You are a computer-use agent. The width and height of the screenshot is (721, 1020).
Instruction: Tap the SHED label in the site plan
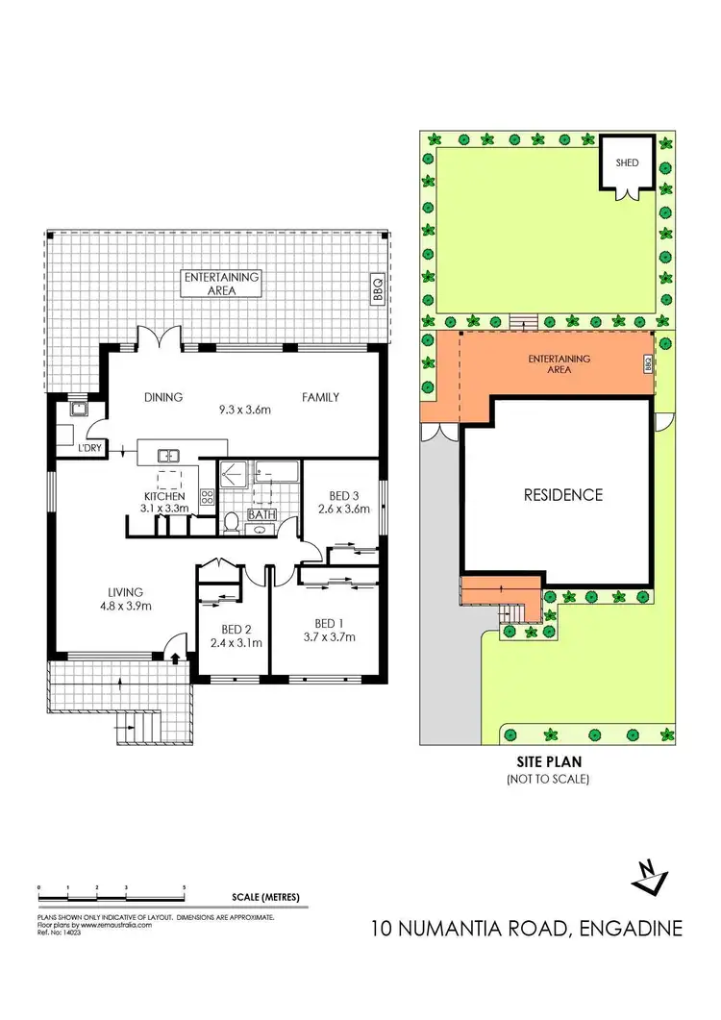pyautogui.click(x=627, y=162)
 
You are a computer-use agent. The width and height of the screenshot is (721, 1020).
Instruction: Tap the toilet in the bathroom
pyautogui.click(x=231, y=521)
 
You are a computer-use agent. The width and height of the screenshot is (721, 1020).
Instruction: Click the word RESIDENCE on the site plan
pyautogui.click(x=562, y=495)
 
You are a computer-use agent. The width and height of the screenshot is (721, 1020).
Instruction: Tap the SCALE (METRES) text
pyautogui.click(x=265, y=898)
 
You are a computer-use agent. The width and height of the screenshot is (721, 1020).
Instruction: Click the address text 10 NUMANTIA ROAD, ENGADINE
pyautogui.click(x=528, y=929)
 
